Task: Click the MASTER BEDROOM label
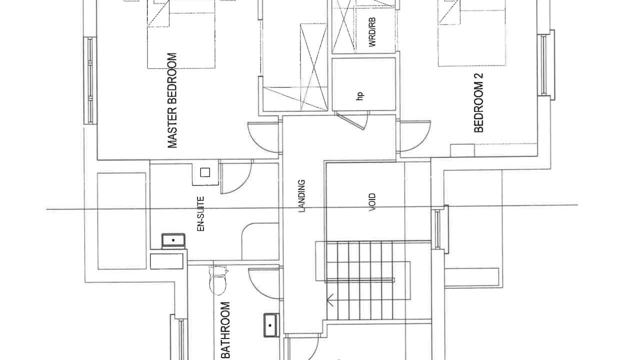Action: click(x=172, y=100)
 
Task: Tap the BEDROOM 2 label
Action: click(x=478, y=102)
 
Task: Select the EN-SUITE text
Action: click(x=201, y=214)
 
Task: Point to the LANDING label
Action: click(x=301, y=196)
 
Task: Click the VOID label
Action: click(x=372, y=202)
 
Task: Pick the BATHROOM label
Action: click(x=226, y=330)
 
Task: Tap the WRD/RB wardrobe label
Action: click(x=372, y=32)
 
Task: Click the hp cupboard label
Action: click(x=360, y=96)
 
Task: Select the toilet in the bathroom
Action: click(x=218, y=280)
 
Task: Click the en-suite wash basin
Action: click(x=173, y=240)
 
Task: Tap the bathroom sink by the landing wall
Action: click(x=271, y=325)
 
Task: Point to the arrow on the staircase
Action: click(x=330, y=300)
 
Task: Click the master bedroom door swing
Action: click(x=263, y=137)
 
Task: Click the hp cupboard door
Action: click(x=352, y=120)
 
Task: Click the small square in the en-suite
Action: click(x=205, y=172)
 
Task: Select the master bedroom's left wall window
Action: click(x=90, y=80)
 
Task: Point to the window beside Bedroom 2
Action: click(x=546, y=65)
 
